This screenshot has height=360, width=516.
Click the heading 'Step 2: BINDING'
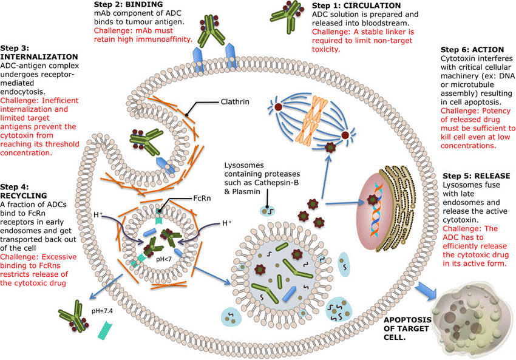coord(129,5)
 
